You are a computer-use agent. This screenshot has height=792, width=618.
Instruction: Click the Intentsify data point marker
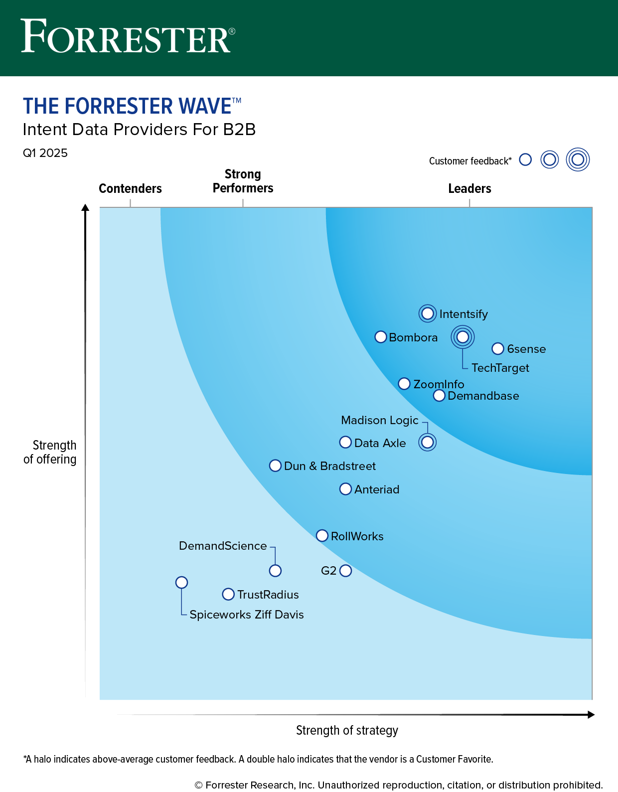click(428, 314)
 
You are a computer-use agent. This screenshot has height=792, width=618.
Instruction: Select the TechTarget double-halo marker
click(463, 337)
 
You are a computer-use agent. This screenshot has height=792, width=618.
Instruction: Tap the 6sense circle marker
click(497, 348)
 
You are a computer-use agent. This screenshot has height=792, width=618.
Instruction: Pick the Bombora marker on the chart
click(381, 337)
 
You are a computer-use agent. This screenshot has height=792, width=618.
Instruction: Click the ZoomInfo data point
click(404, 384)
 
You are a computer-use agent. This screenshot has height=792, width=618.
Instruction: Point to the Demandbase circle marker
click(439, 395)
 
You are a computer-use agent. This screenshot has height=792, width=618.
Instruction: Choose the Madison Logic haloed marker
click(427, 442)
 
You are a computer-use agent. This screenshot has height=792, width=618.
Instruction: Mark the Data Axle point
click(345, 442)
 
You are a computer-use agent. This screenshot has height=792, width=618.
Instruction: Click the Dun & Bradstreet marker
click(275, 466)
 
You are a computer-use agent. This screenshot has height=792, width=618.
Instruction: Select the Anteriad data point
click(345, 489)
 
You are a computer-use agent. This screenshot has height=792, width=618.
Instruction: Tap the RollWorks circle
click(322, 536)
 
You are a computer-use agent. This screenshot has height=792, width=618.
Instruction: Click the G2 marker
click(345, 571)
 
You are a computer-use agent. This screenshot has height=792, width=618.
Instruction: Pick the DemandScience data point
click(275, 571)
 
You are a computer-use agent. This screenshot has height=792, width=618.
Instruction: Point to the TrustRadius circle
click(228, 594)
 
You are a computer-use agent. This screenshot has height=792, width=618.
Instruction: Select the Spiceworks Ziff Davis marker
click(182, 582)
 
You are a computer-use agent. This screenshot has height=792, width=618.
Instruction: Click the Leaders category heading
click(469, 188)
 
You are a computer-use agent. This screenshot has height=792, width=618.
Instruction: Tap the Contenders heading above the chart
click(130, 188)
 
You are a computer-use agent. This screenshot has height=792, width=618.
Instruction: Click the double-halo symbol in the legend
click(578, 159)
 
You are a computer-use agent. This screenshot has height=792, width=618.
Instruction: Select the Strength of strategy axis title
click(347, 730)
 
